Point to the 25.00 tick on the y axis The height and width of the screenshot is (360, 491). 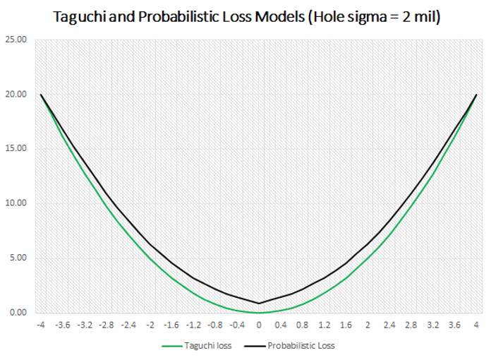[16, 40]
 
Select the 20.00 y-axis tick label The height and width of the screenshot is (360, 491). [16, 95]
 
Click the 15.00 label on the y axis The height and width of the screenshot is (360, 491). [16, 149]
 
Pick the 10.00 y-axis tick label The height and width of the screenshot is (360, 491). [16, 203]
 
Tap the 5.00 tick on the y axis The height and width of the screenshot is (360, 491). [18, 258]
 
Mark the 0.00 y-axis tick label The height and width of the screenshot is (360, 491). [18, 313]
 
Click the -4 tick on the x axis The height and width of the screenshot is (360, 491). [42, 325]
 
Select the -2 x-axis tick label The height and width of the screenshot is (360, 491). [150, 325]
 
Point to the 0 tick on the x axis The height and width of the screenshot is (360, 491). [259, 325]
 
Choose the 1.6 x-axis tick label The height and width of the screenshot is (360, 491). [346, 325]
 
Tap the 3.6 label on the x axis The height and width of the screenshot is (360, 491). [454, 325]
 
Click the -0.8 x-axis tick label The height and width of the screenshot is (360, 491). [215, 325]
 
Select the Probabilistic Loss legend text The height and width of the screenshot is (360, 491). [300, 347]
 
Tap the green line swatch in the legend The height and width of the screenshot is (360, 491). [172, 347]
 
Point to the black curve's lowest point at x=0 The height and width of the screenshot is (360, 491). [259, 303]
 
